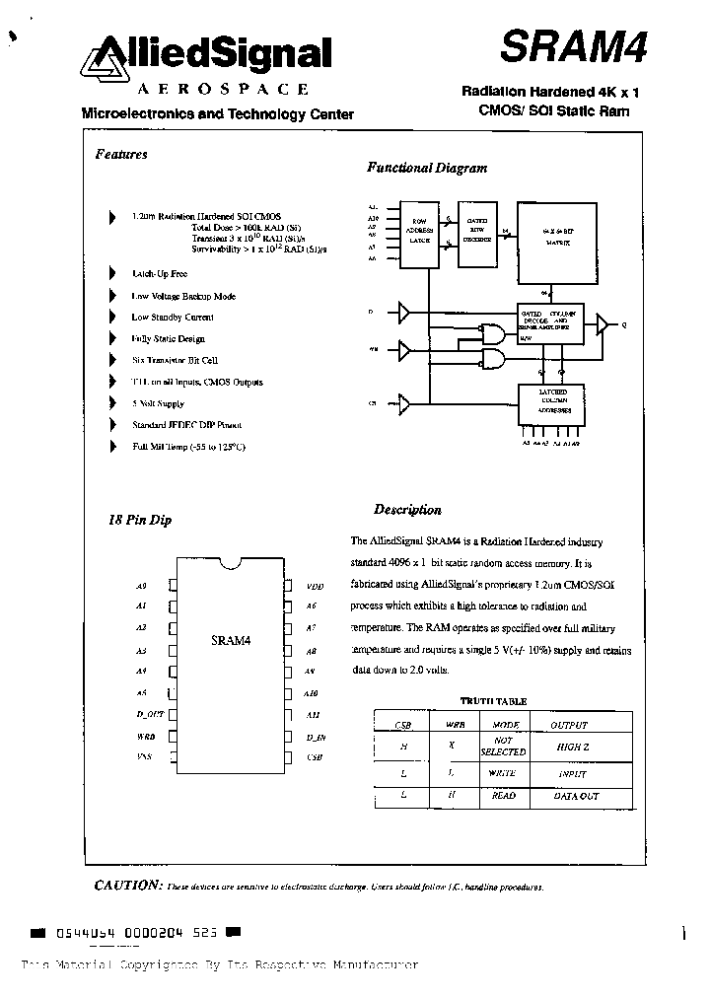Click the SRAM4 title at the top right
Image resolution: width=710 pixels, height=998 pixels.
coord(571,45)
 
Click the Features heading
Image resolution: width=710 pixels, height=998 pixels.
coord(121,154)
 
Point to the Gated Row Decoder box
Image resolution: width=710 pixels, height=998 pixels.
coord(479,235)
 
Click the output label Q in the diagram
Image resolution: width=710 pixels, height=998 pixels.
coord(622,324)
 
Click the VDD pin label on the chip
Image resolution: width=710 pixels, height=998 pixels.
coord(315,586)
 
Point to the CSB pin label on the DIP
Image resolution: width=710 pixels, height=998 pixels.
coord(314,756)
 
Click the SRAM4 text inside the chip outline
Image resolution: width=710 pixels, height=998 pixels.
coord(231,641)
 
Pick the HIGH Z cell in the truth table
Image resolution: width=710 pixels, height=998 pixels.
coord(571,748)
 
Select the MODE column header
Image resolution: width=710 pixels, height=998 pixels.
coord(505,724)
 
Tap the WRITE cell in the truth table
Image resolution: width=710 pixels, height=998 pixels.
coord(503,773)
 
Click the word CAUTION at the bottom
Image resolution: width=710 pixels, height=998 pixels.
coord(126,885)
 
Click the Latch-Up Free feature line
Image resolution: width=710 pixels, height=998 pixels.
coord(159,273)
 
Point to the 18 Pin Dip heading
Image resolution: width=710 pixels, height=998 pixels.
coord(139,520)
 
